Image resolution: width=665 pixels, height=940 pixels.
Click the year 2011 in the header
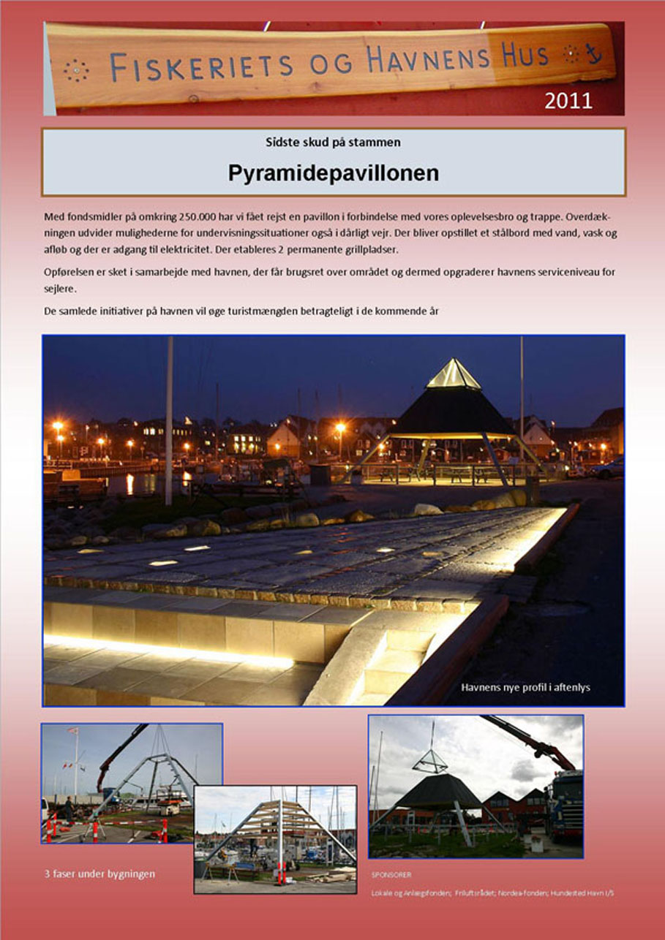tap(568, 101)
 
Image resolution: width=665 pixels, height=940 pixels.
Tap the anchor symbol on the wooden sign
tap(593, 53)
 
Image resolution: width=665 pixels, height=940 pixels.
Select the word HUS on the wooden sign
tap(525, 56)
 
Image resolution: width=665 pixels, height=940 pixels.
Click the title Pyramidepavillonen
tap(333, 173)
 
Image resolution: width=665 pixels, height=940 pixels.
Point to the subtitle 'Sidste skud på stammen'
tap(333, 142)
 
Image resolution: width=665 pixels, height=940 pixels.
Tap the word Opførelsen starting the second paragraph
tap(68, 273)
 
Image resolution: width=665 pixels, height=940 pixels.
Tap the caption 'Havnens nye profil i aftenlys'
tap(525, 687)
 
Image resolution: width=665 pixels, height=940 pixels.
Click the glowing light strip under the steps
tap(168, 651)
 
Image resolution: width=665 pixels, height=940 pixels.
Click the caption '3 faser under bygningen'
tap(99, 873)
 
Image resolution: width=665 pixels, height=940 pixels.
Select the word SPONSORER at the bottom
tap(391, 874)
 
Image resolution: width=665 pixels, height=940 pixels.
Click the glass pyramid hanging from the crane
tap(429, 761)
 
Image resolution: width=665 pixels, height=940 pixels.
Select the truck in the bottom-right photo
tap(564, 804)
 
